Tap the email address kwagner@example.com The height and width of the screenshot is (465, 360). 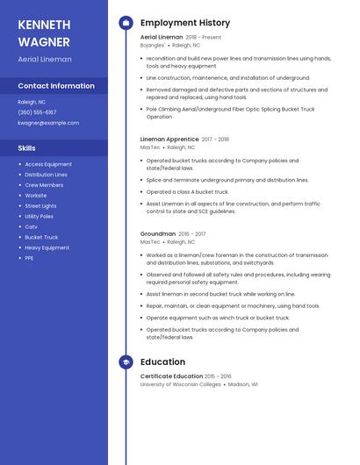(48, 123)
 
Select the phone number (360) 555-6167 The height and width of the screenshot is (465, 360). (37, 112)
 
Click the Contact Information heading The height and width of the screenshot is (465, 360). (56, 86)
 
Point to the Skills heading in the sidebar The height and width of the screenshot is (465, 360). (26, 148)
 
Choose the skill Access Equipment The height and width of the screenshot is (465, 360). (48, 164)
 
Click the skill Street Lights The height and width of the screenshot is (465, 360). (40, 206)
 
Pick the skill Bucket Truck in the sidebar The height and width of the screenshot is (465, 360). (41, 237)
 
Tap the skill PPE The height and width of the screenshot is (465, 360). (29, 258)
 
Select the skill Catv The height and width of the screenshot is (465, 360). (31, 226)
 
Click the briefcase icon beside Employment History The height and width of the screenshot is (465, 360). (126, 23)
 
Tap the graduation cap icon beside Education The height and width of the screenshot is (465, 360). (126, 361)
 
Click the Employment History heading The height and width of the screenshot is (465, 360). (184, 23)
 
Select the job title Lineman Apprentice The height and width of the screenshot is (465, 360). (169, 139)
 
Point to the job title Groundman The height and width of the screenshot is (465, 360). (157, 234)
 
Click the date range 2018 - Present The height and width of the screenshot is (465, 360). (203, 38)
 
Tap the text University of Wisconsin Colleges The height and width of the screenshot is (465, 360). (180, 384)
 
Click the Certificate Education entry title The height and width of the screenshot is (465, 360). (171, 376)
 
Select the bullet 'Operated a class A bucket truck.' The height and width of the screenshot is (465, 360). (187, 191)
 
